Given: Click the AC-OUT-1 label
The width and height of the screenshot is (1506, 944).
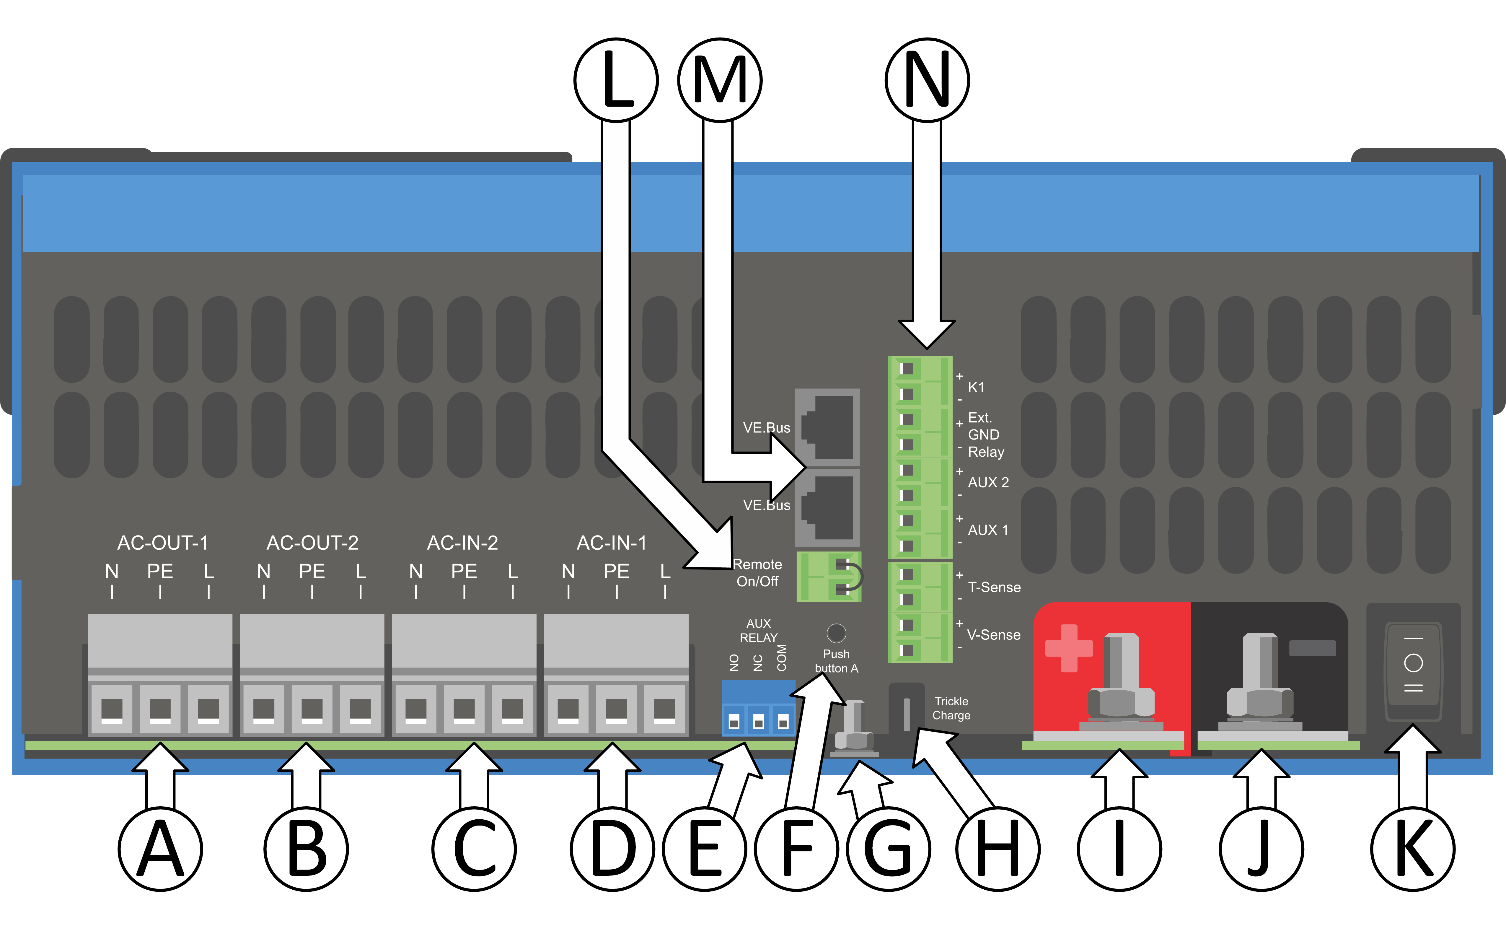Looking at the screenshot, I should click(x=162, y=543).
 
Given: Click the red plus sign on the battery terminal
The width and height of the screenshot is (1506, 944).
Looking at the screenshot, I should click(x=1068, y=648).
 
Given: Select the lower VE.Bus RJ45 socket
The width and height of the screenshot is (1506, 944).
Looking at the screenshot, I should click(x=827, y=507).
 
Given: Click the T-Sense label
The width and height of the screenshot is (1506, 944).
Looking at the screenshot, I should click(x=994, y=587).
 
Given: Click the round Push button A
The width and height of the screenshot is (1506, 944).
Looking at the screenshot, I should click(x=836, y=633).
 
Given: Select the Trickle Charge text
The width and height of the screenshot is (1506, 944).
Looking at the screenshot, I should click(x=951, y=708).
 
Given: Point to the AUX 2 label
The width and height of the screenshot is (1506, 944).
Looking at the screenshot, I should click(x=988, y=482).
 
